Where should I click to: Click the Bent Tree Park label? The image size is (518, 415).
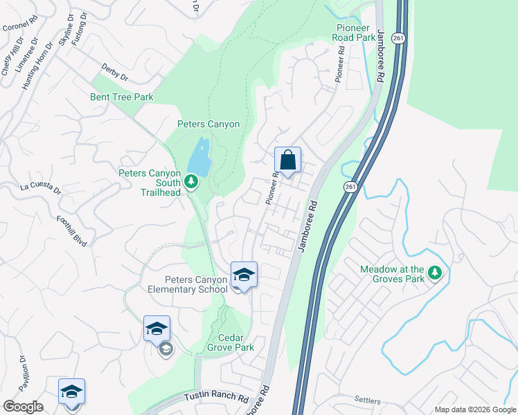[122, 98]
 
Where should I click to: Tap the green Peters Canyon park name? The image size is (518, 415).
[208, 124]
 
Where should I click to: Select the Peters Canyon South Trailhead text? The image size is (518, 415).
[150, 183]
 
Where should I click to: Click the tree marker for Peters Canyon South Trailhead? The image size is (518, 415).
[192, 182]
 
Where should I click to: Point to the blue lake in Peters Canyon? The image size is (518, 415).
[199, 158]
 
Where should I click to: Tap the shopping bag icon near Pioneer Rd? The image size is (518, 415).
[288, 160]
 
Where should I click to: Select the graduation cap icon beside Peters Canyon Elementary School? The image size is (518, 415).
[244, 275]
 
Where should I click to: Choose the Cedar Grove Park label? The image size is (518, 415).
[231, 342]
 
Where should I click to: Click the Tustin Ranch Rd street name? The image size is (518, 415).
[216, 398]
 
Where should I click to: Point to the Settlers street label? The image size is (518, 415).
[367, 400]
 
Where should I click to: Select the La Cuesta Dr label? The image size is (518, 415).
[41, 187]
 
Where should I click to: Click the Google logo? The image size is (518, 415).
[22, 407]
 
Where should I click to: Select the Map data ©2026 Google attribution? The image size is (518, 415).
[474, 409]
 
